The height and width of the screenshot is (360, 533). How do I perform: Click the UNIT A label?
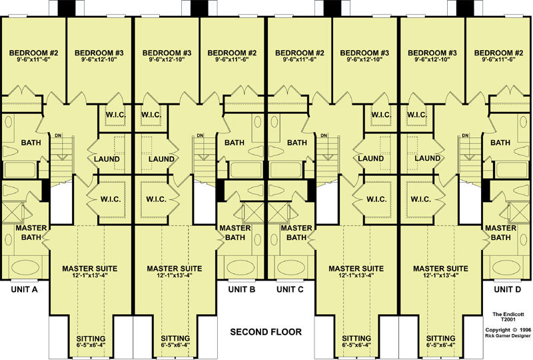24,289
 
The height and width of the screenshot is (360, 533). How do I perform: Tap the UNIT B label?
242,289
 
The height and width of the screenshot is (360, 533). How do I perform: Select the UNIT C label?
290,289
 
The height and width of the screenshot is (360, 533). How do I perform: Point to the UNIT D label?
507,289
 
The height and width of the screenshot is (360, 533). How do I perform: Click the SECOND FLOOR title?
266,332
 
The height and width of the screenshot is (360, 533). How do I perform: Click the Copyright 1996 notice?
508,333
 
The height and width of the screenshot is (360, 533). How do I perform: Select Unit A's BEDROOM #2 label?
34,53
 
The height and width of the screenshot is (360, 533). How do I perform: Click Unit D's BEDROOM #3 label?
432,53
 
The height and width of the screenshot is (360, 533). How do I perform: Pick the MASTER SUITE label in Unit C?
356,269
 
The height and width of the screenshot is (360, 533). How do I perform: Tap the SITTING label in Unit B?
175,339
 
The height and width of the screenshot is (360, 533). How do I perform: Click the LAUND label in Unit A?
107,159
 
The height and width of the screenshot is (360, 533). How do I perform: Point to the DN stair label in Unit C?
324,135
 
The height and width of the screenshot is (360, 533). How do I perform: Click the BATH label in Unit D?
500,143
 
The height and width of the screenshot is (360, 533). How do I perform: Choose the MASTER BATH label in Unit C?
296,233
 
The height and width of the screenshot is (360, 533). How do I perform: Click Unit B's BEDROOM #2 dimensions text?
232,59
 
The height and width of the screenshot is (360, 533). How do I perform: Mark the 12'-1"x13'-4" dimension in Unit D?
440,275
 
